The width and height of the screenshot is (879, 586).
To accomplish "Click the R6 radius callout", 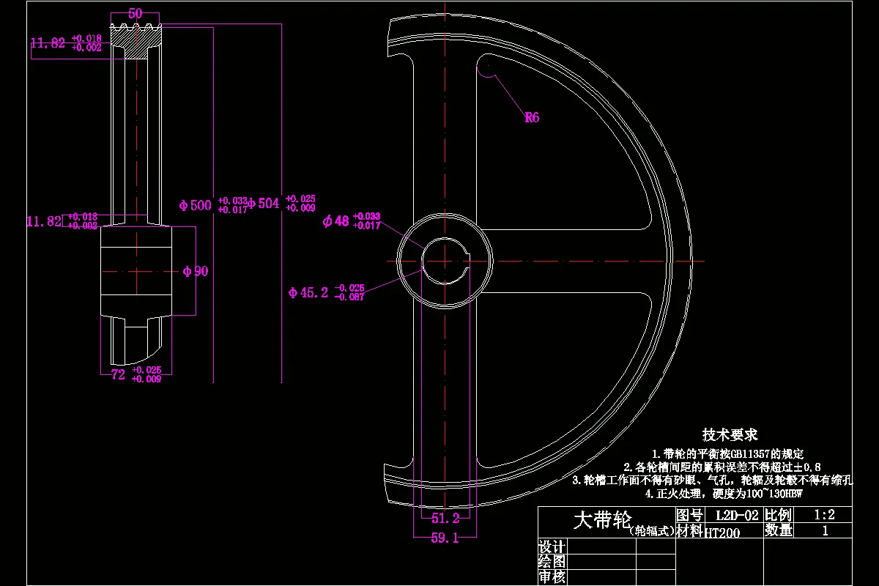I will pyautogui.click(x=532, y=117).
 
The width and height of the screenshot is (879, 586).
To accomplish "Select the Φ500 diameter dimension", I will pyautogui.click(x=196, y=205).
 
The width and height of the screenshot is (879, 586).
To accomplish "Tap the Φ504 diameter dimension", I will pyautogui.click(x=264, y=204).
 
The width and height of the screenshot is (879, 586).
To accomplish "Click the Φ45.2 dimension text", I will pyautogui.click(x=308, y=293).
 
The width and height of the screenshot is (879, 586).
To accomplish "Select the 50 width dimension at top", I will pyautogui.click(x=135, y=14).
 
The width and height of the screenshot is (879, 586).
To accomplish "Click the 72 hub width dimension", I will pyautogui.click(x=118, y=374).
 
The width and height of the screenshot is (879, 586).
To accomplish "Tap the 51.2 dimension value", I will pyautogui.click(x=445, y=519).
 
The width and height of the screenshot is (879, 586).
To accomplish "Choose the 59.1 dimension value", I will pyautogui.click(x=445, y=538).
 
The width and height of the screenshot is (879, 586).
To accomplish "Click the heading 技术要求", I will pyautogui.click(x=730, y=434).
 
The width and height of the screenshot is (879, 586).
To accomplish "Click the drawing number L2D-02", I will pyautogui.click(x=736, y=516).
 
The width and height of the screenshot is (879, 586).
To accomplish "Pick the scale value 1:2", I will pyautogui.click(x=825, y=515).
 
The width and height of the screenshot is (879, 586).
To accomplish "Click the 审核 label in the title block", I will pyautogui.click(x=552, y=577).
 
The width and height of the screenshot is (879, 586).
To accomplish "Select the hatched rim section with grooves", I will pyautogui.click(x=136, y=44).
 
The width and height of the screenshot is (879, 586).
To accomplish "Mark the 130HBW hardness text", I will pyautogui.click(x=780, y=494).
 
